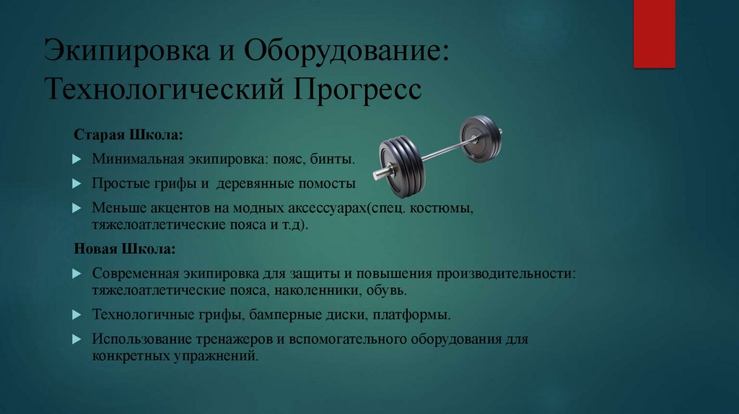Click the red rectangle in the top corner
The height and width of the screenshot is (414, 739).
(654, 33)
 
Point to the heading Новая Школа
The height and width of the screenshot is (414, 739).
(123, 249)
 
